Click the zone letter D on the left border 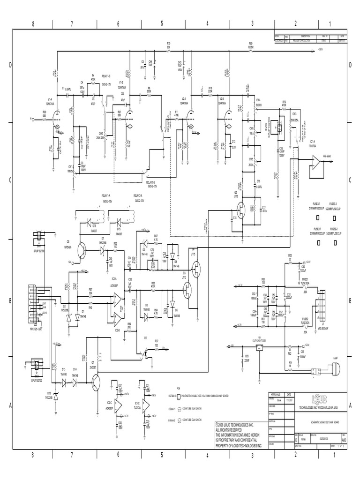[x=9, y=65]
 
